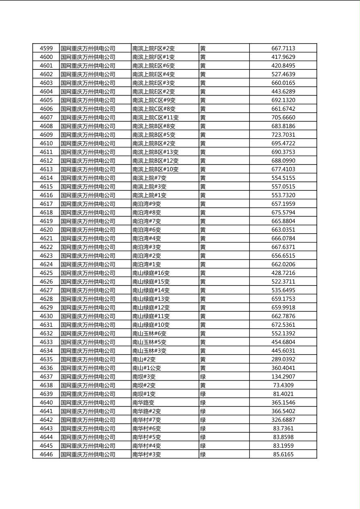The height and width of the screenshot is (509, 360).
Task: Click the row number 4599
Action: (46, 48)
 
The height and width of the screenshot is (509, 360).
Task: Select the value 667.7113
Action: (283, 48)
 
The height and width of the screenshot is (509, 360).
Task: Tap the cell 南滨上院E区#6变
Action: (153, 66)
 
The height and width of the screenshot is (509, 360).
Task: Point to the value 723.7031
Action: (283, 135)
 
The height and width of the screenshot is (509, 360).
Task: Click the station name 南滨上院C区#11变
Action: (155, 117)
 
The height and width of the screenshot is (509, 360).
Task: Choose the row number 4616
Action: (46, 195)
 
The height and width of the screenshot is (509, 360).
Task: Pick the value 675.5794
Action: (283, 213)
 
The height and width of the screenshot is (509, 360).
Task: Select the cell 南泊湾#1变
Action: (147, 265)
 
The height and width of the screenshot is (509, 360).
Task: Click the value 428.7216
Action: (283, 273)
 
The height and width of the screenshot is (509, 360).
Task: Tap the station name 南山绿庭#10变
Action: (151, 325)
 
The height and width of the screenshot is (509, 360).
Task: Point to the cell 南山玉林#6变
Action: (149, 334)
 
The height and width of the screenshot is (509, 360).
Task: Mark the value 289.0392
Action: (283, 359)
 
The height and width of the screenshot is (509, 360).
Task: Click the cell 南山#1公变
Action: (147, 368)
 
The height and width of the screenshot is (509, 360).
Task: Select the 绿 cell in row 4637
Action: (203, 377)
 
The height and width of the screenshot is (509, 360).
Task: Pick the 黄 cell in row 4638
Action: (203, 385)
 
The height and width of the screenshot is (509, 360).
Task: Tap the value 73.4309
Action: (283, 385)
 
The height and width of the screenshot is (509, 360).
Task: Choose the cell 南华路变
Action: (143, 403)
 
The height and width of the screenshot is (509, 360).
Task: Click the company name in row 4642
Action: (88, 420)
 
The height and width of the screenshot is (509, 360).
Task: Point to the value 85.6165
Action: (283, 455)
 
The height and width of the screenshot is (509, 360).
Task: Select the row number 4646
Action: (46, 455)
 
